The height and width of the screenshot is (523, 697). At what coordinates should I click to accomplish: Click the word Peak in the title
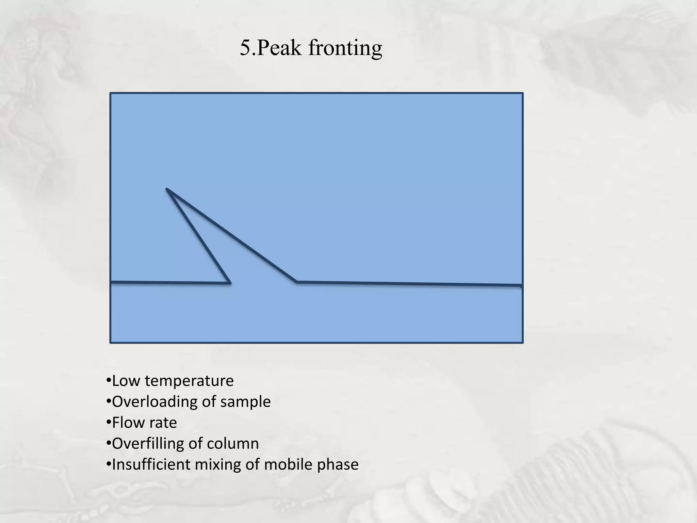tap(279, 48)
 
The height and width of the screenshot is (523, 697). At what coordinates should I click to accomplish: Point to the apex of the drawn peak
tap(167, 189)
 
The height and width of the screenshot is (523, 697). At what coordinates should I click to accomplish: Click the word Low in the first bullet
tap(126, 381)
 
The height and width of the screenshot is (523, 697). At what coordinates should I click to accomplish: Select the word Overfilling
tap(148, 444)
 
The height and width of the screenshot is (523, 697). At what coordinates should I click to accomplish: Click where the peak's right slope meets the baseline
tap(296, 282)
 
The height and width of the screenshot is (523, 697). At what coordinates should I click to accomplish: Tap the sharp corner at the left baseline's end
tap(230, 283)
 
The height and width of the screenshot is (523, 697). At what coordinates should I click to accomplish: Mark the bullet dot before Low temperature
tap(109, 381)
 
